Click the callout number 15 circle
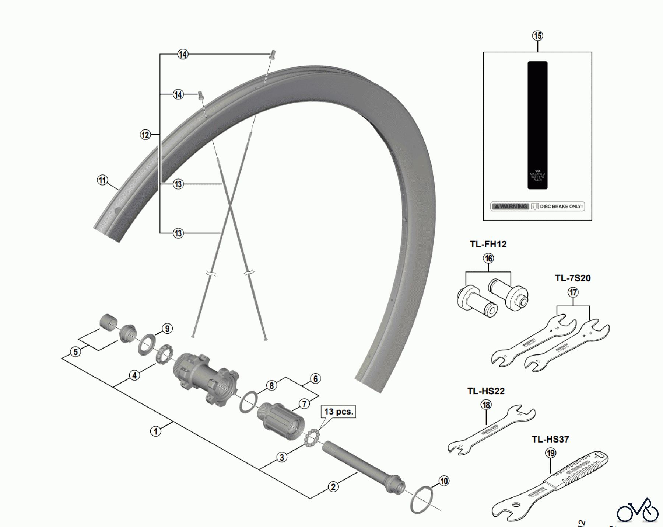pyautogui.click(x=537, y=36)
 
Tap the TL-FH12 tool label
pyautogui.click(x=488, y=244)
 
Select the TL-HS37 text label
pyautogui.click(x=550, y=439)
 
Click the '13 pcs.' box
pyautogui.click(x=338, y=412)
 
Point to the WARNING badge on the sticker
pyautogui.click(x=510, y=207)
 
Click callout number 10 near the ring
pyautogui.click(x=444, y=481)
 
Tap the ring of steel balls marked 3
pyautogui.click(x=311, y=438)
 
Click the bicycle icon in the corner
pyautogui.click(x=638, y=511)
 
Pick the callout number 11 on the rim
pyautogui.click(x=102, y=180)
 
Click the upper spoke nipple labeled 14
pyautogui.click(x=273, y=55)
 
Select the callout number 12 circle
pyautogui.click(x=145, y=135)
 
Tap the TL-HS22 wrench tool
pyautogui.click(x=492, y=430)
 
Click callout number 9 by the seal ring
pyautogui.click(x=167, y=329)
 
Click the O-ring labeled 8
pyautogui.click(x=249, y=402)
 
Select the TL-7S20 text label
pyautogui.click(x=573, y=278)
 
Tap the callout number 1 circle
pyautogui.click(x=156, y=431)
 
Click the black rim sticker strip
pyautogui.click(x=537, y=125)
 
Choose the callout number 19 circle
pyautogui.click(x=551, y=453)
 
